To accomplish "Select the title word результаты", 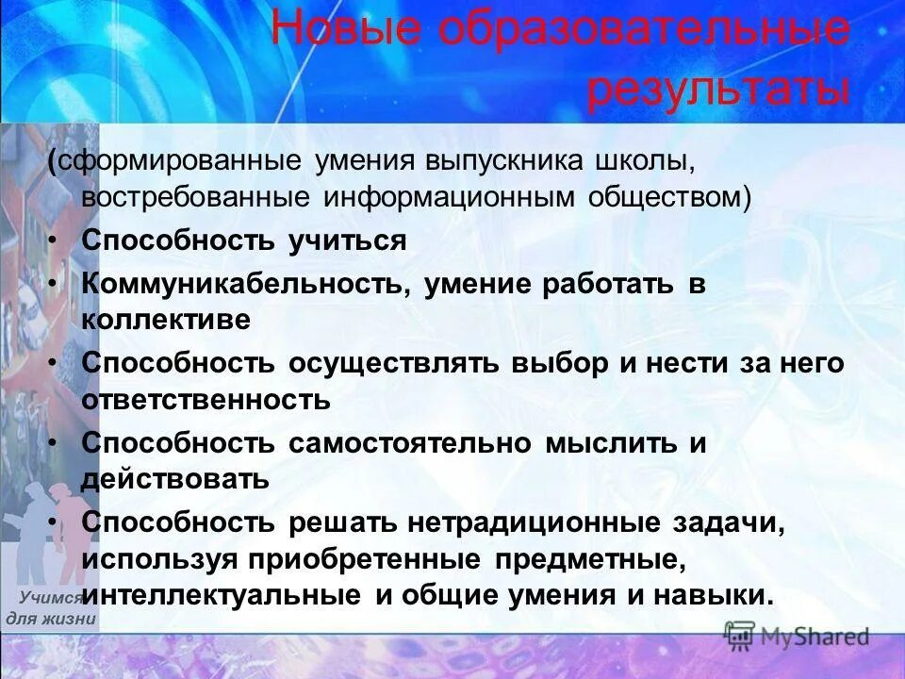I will (x=718, y=91).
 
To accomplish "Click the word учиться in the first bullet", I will (x=347, y=240).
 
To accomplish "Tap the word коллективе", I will (x=166, y=320).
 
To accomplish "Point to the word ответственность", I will (x=206, y=400).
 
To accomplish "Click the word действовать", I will (x=175, y=479).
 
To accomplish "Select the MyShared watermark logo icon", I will (x=740, y=637).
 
